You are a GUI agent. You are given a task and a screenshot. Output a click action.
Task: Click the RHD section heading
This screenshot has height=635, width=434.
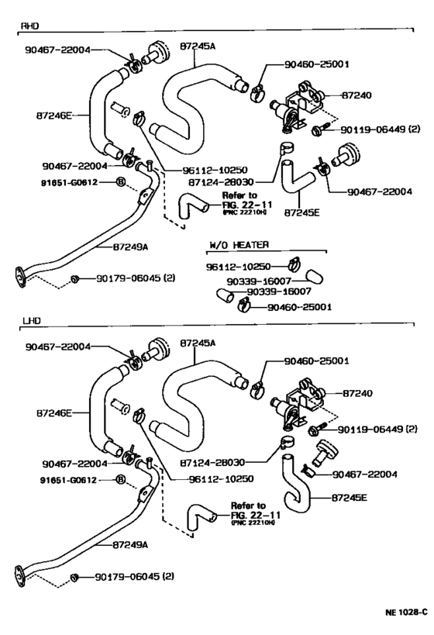(x=29, y=26)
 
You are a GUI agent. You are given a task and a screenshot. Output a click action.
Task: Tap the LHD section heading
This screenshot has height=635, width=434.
(x=32, y=321)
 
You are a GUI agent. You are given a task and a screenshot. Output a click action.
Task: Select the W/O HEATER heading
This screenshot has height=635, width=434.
(x=239, y=244)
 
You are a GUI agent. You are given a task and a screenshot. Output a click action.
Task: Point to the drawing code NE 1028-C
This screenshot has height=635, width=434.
(x=406, y=612)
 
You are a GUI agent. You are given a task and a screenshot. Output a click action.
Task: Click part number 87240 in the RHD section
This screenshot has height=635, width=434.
(x=356, y=95)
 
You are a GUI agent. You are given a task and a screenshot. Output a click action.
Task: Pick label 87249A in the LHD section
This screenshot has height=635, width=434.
(x=130, y=545)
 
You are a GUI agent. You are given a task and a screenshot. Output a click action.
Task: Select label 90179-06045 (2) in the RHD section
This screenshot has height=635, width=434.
(x=136, y=278)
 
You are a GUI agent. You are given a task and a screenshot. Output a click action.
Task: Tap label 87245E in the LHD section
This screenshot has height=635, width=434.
(x=349, y=497)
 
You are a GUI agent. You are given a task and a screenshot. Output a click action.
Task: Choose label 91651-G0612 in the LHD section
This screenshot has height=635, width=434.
(x=68, y=480)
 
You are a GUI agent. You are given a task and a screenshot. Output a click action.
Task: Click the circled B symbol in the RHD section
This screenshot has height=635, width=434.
(x=121, y=182)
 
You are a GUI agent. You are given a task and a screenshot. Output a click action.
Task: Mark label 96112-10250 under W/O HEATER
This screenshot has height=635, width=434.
(x=239, y=267)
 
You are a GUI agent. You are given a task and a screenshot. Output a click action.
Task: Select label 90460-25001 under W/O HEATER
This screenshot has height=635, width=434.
(x=299, y=307)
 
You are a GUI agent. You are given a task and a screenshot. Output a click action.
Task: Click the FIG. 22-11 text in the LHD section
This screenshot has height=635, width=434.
(x=256, y=515)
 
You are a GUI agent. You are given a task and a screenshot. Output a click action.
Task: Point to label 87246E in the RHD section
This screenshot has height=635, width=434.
(x=53, y=116)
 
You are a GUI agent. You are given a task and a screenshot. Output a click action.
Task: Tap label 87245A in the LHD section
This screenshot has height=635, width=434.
(x=198, y=343)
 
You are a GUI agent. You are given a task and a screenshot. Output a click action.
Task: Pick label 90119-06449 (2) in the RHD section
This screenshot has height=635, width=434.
(x=381, y=129)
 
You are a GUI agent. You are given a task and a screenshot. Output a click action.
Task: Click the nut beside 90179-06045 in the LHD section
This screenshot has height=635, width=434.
(x=74, y=578)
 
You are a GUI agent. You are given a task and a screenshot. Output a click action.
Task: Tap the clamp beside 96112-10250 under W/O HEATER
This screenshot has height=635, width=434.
(x=294, y=264)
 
